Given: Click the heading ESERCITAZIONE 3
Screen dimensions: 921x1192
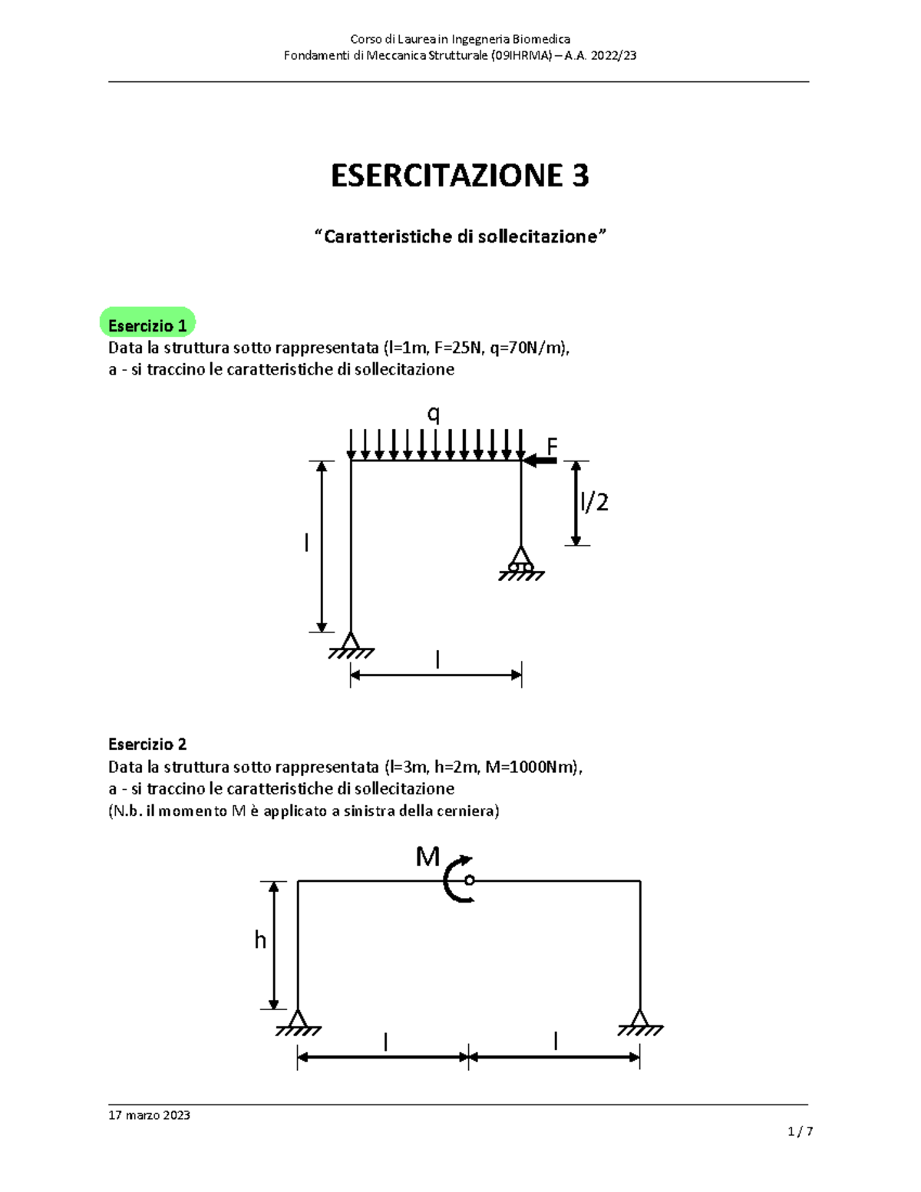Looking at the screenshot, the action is tap(460, 176).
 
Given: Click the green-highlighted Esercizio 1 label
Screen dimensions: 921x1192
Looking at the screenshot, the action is tap(147, 325).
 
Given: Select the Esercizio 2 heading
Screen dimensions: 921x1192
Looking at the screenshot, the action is tap(147, 744).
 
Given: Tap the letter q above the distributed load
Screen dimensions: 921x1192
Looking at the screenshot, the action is tap(434, 414).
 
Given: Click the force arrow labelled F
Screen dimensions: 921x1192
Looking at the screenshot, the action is tap(540, 461).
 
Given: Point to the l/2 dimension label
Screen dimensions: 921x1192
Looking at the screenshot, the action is tap(595, 502).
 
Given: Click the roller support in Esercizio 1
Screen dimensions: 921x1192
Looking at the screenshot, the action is tap(521, 562).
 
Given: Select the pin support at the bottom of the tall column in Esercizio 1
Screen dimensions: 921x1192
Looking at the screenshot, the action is tap(351, 645).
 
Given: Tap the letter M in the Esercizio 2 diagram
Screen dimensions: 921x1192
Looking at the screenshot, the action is tap(427, 857).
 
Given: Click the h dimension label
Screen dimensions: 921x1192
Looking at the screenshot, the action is tap(260, 939).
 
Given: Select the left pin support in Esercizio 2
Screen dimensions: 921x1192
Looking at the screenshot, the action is tap(298, 1022).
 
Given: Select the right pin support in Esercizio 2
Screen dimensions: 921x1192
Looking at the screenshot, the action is tap(640, 1022).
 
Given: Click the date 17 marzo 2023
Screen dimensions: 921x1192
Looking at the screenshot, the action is tap(149, 1114).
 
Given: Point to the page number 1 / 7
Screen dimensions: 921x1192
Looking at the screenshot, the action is tap(800, 1131).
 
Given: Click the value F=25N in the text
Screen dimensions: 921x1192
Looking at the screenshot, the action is tap(458, 348).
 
